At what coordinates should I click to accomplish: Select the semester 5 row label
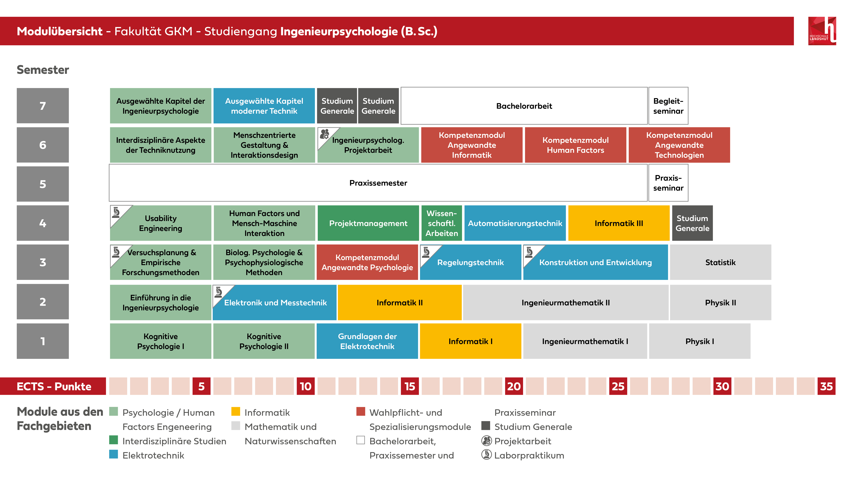43,184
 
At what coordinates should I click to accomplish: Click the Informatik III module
619,223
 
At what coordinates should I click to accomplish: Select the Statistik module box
720,262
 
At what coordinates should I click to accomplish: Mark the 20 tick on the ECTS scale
514,386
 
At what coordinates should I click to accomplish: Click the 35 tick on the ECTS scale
826,386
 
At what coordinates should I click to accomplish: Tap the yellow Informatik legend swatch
235,411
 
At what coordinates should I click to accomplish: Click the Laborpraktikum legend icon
486,455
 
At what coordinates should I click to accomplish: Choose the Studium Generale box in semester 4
692,223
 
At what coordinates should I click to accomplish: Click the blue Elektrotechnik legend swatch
114,454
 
